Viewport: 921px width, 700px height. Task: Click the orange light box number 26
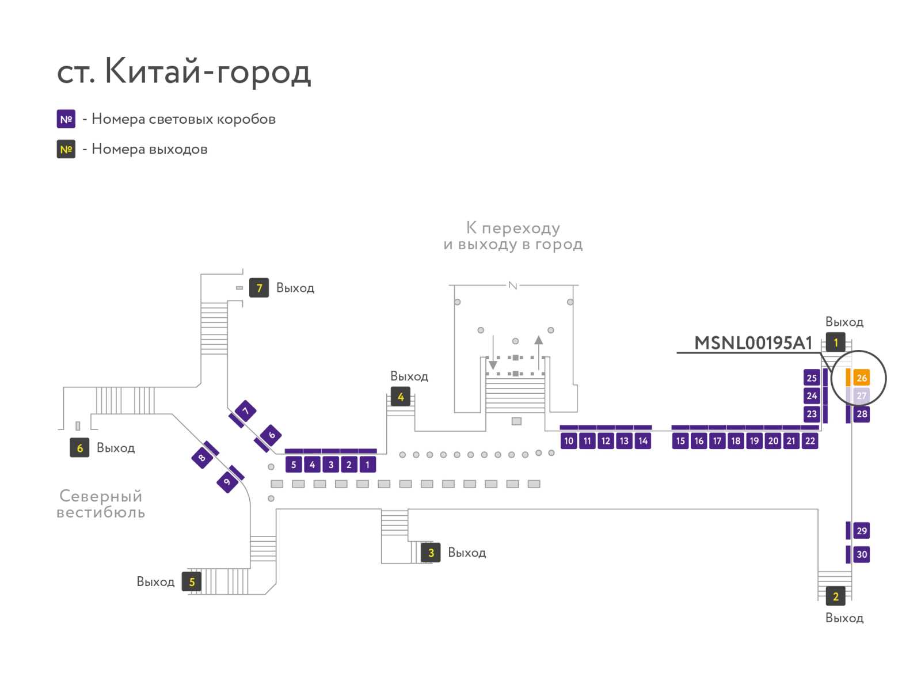point(861,378)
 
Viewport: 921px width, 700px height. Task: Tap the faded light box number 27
point(861,395)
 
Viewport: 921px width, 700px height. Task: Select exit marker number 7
point(258,288)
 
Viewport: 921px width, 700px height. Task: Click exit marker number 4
point(400,397)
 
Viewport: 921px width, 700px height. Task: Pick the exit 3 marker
point(431,553)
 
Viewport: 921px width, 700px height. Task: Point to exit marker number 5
point(191,581)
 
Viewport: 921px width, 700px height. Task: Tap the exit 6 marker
point(79,447)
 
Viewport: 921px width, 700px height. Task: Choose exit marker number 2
point(835,596)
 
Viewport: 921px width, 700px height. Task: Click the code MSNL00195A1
point(753,343)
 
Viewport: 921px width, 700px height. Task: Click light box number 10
point(568,441)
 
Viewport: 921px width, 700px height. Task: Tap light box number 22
point(809,441)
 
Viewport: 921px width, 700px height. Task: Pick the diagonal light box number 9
point(227,481)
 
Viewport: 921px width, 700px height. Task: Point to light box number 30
point(861,554)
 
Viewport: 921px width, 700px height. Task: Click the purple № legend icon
point(66,119)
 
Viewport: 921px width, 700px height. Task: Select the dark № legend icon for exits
point(66,149)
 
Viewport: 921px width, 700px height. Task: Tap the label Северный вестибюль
point(101,504)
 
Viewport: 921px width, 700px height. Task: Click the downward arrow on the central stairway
point(493,352)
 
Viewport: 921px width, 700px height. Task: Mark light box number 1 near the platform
point(367,465)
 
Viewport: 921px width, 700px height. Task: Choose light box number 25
point(811,378)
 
